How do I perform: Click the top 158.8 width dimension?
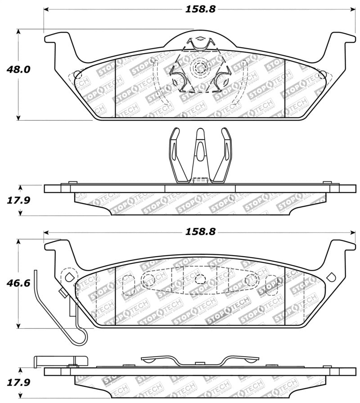click(x=198, y=8)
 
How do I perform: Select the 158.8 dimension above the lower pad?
click(x=198, y=232)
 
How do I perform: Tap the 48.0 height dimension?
click(x=18, y=70)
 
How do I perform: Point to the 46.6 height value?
click(x=18, y=283)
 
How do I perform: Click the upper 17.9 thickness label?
click(x=18, y=199)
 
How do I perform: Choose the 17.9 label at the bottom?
click(x=18, y=383)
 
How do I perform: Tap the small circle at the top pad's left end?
click(x=77, y=75)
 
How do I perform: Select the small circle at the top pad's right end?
click(x=322, y=75)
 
